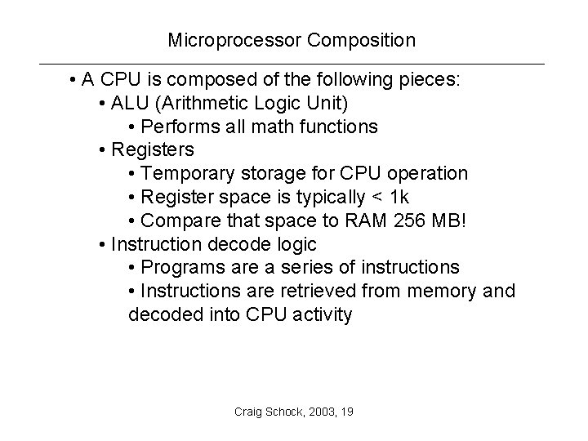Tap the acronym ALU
129,104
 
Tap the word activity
319,315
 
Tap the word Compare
177,220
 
